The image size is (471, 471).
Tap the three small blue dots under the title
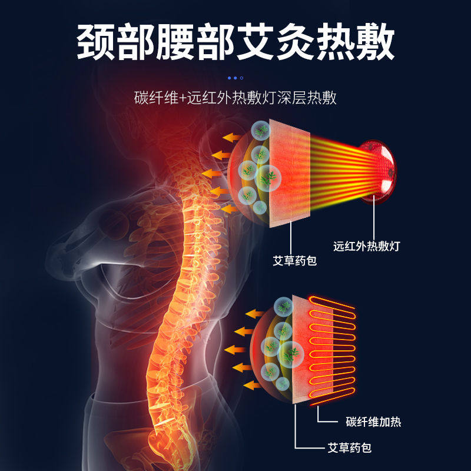pyautogui.click(x=235, y=77)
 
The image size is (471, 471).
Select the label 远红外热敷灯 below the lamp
pyautogui.click(x=366, y=246)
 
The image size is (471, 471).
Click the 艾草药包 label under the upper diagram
pyautogui.click(x=295, y=260)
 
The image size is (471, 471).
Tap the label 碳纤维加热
pyautogui.click(x=373, y=422)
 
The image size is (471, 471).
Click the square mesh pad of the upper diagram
pyautogui.click(x=289, y=174)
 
